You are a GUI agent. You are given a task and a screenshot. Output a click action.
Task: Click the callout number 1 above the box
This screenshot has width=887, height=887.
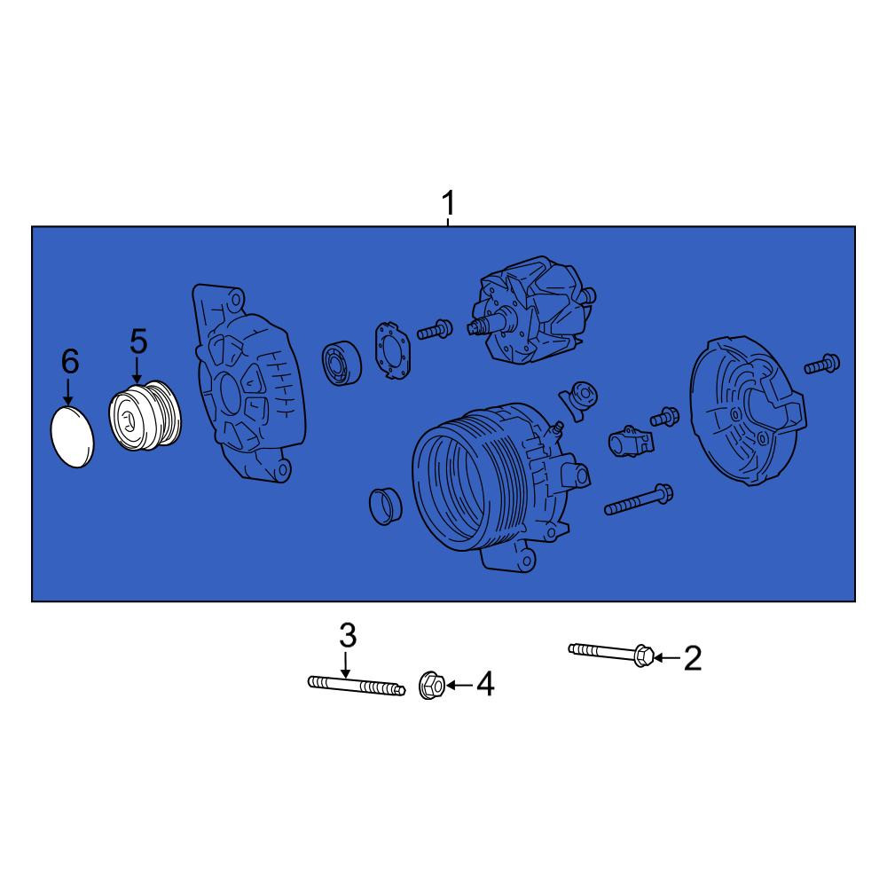[x=448, y=203]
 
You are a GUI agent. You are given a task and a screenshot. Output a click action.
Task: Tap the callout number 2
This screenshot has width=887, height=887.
[x=693, y=658]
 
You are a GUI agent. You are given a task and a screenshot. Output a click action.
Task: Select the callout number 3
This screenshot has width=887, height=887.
[x=348, y=636]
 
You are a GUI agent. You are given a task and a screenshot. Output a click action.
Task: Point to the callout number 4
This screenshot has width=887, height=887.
[x=485, y=685]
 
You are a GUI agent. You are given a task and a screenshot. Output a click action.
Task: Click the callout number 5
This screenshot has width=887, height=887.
[x=138, y=342]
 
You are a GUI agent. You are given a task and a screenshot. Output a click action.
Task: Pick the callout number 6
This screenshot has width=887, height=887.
[x=69, y=362]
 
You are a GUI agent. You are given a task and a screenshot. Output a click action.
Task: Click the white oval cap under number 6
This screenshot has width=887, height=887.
[x=73, y=436]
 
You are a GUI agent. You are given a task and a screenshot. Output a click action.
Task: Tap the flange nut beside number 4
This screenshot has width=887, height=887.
[x=431, y=686]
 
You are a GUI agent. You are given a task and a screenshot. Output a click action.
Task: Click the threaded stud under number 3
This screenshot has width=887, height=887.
[x=357, y=686]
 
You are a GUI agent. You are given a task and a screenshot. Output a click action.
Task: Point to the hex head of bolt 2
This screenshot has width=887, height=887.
[x=643, y=655]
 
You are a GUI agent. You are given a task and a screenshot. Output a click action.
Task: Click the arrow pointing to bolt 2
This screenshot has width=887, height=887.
[x=667, y=658]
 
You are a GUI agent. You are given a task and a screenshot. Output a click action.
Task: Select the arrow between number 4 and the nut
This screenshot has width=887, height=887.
[x=459, y=685]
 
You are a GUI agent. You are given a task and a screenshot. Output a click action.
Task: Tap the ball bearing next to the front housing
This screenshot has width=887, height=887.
[x=341, y=362]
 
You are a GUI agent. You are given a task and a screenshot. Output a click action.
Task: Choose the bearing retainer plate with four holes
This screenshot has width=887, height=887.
[x=393, y=349]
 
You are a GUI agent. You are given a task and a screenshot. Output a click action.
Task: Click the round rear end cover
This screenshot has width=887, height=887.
[x=748, y=411]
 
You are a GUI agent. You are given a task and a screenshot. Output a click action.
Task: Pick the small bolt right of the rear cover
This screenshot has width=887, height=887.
[x=822, y=364]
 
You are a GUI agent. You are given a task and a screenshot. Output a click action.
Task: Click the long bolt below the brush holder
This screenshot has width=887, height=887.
[x=638, y=499]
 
